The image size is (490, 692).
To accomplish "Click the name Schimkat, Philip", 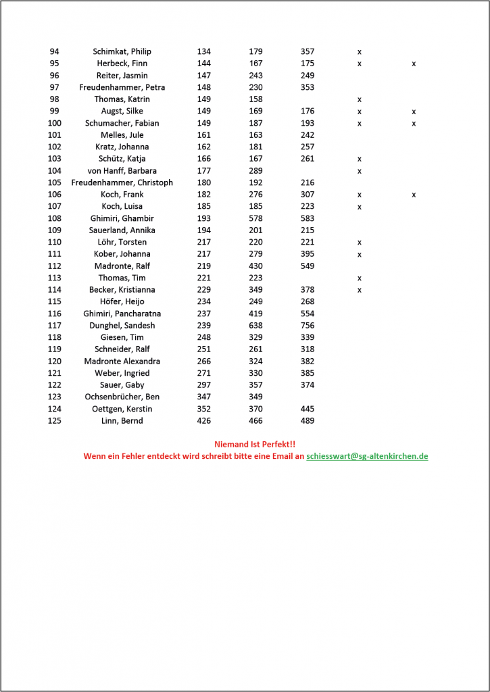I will (122, 51).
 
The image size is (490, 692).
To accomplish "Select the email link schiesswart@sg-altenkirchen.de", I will (367, 456).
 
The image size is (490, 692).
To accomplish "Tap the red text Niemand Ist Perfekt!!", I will (255, 444).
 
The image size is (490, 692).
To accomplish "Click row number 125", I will (55, 420).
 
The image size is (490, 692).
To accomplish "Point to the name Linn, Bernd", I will (122, 420).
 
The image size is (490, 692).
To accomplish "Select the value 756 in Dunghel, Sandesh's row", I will (308, 325).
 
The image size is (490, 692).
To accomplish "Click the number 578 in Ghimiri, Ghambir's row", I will (255, 218).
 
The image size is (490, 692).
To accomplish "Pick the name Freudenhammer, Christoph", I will (122, 182).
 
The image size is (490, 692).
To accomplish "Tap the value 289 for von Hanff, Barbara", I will (255, 170).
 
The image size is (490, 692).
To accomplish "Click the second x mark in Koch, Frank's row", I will (414, 195).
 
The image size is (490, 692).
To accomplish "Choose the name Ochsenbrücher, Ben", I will (122, 397).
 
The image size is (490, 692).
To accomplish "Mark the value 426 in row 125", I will (203, 420).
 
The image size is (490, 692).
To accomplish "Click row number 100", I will (55, 123).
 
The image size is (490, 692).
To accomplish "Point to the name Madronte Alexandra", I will (122, 361).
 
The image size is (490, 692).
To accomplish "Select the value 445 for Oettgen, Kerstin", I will (308, 409).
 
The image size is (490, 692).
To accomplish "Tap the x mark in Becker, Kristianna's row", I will (360, 290).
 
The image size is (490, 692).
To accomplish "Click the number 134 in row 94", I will (203, 51).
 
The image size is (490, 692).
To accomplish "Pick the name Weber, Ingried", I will (122, 373).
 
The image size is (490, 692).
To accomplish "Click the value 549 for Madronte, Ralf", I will (308, 266).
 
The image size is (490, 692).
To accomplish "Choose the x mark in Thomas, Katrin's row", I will (360, 99).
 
